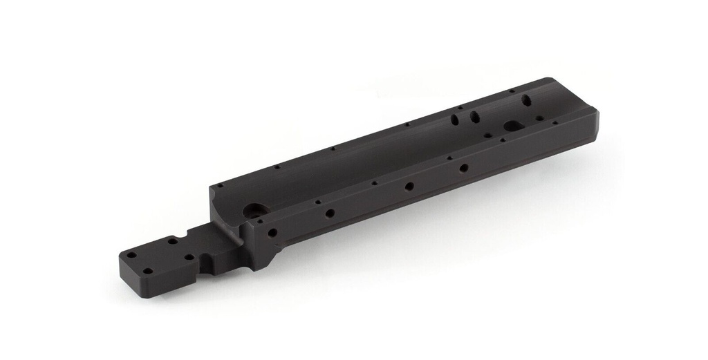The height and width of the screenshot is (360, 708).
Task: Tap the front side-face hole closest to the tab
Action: coord(272,232)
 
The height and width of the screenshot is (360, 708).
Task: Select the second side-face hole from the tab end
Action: coord(330,213)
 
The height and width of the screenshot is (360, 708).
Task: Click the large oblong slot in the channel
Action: coord(514,126)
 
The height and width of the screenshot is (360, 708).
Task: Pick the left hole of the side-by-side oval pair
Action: coord(455,120)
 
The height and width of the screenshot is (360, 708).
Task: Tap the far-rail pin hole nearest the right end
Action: coord(512,91)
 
